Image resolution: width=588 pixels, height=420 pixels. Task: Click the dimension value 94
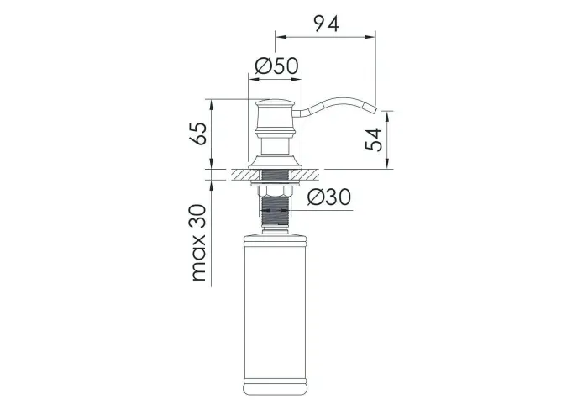[x=326, y=24]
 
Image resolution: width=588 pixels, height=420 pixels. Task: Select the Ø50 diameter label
[x=276, y=66]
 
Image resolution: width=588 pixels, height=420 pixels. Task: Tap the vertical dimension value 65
[x=198, y=133]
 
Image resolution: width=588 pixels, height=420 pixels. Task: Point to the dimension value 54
[x=374, y=139]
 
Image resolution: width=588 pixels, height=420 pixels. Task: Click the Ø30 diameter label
[x=329, y=197]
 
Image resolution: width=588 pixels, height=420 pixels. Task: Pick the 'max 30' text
[x=198, y=243]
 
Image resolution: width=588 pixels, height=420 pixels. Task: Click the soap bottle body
[x=275, y=314]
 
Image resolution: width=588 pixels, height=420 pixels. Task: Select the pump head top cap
[x=275, y=102]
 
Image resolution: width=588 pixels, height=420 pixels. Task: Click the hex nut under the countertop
[x=275, y=192]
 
